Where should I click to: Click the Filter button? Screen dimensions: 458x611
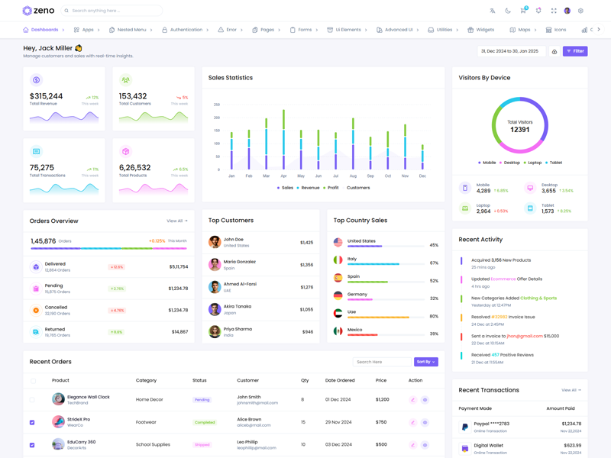(x=575, y=51)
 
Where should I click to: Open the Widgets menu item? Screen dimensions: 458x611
(x=481, y=30)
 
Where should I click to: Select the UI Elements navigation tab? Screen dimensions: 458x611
(x=348, y=30)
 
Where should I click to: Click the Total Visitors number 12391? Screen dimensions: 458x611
(x=519, y=130)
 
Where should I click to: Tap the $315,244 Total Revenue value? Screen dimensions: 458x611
(x=47, y=96)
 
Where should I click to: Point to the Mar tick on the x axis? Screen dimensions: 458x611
(x=266, y=176)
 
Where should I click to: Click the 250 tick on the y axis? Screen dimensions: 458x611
(x=217, y=105)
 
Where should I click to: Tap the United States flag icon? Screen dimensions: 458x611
(x=338, y=243)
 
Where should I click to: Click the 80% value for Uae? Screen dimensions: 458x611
(x=434, y=316)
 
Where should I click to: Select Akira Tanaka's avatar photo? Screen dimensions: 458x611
(x=215, y=309)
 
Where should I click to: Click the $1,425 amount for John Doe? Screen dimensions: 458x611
(x=306, y=243)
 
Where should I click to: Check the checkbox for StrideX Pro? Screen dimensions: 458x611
(x=32, y=422)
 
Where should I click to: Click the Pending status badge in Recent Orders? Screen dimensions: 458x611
(x=202, y=399)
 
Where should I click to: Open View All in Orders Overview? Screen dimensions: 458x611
(x=176, y=221)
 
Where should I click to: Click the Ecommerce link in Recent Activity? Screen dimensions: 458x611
(x=503, y=279)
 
